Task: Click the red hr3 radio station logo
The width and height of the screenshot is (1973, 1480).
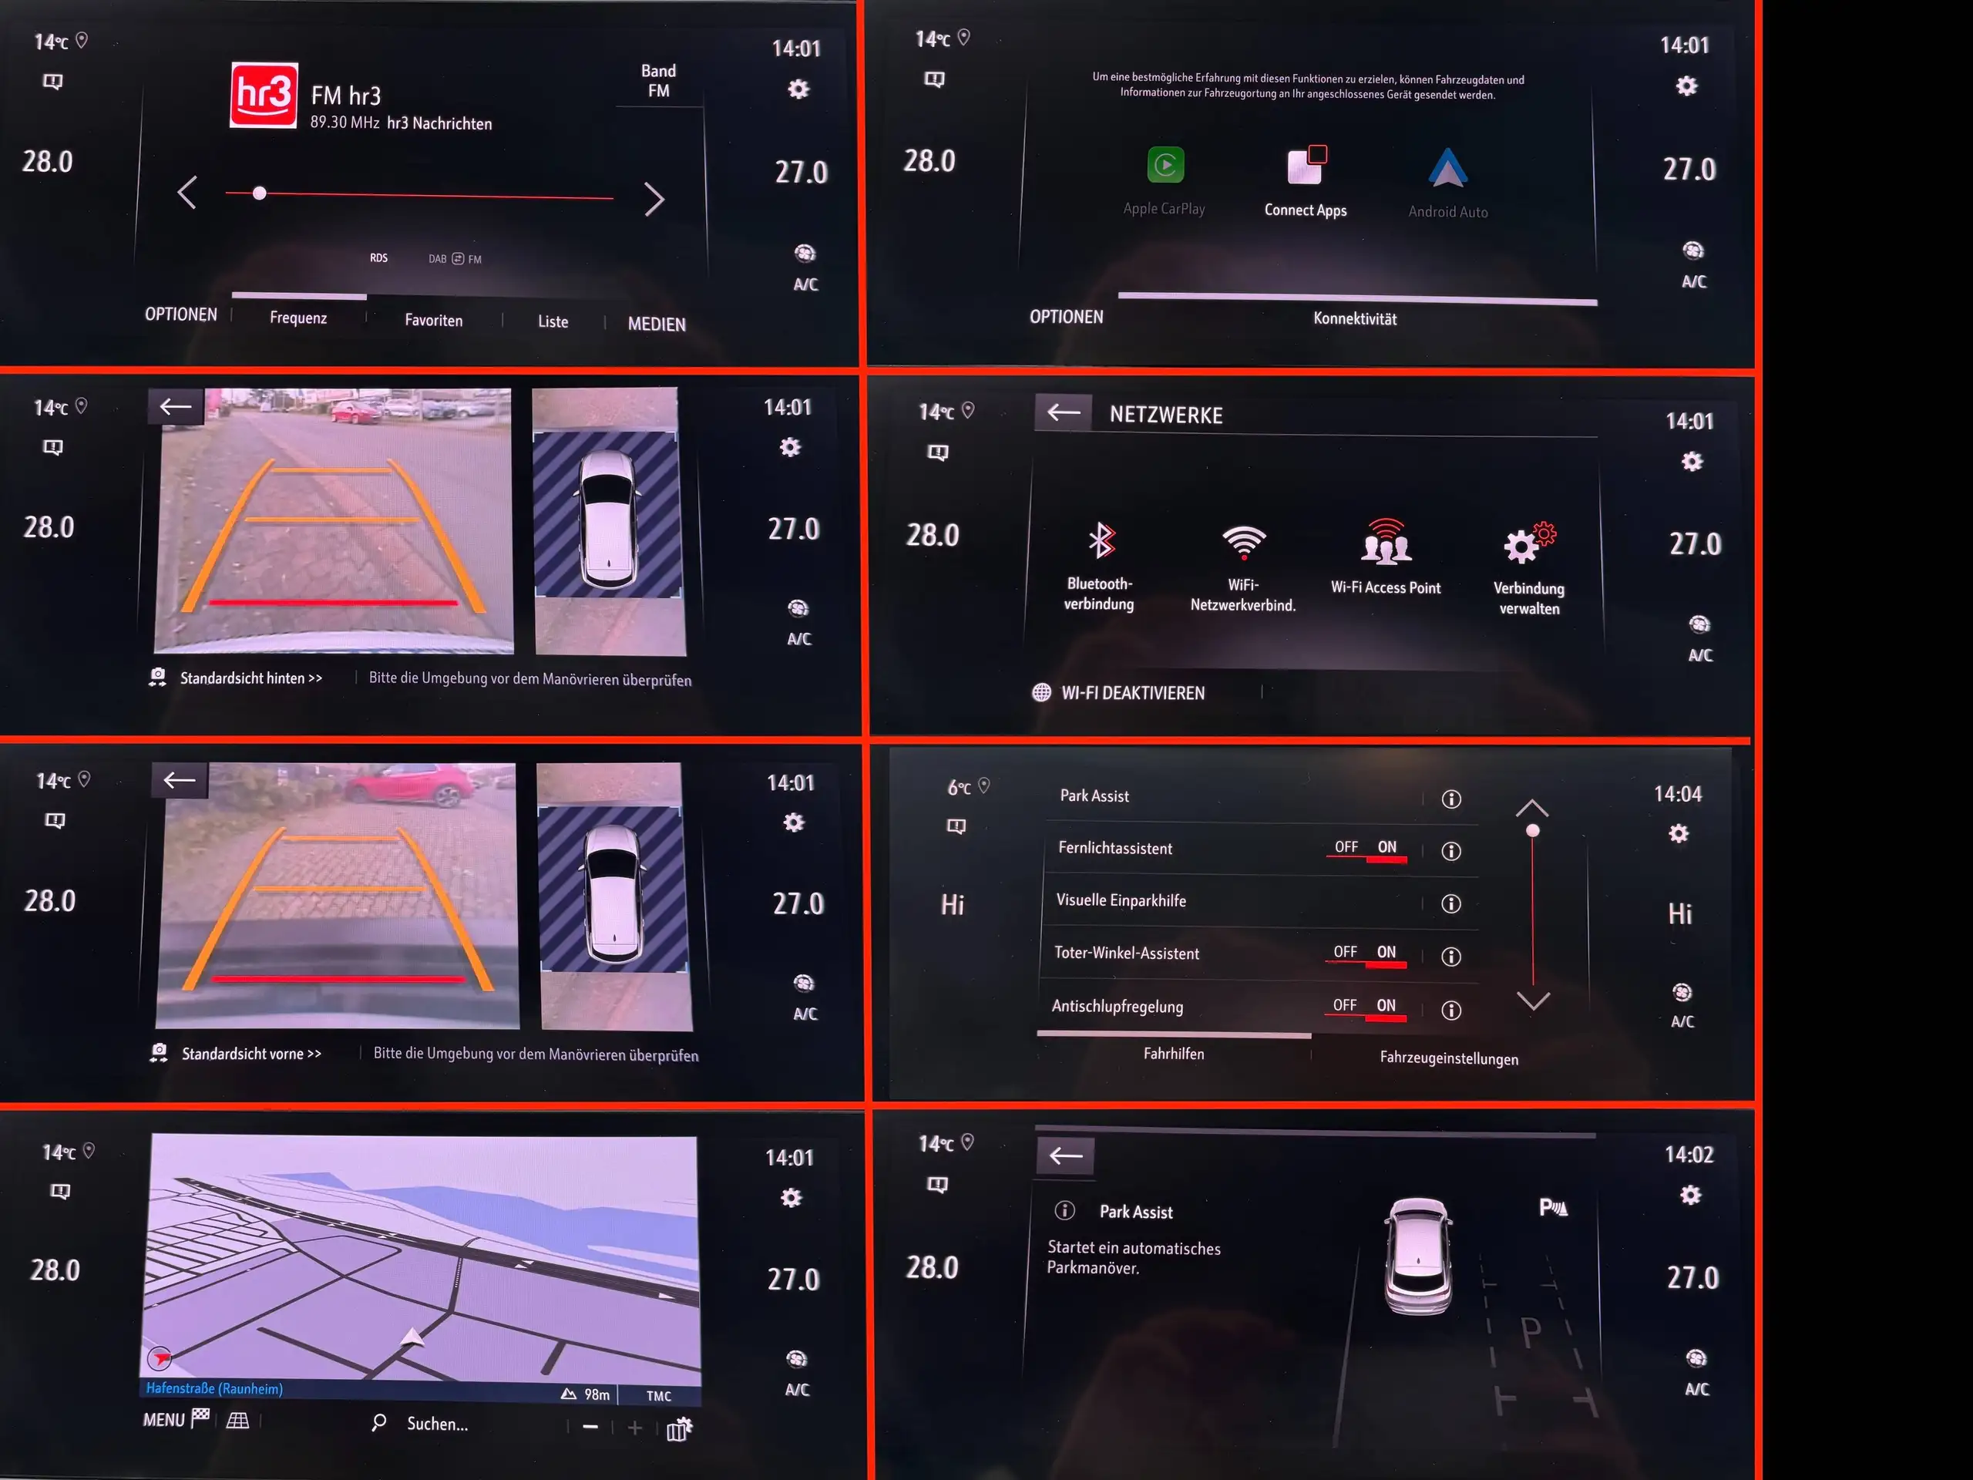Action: coord(264,96)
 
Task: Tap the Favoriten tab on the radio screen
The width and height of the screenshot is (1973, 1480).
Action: coord(433,320)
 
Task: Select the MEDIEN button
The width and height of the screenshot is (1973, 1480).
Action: coord(657,324)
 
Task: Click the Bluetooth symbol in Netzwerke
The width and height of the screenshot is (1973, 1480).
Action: coord(1101,540)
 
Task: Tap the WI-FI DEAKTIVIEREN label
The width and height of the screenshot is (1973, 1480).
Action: coord(1133,693)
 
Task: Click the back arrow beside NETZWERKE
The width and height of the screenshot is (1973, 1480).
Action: coord(1064,412)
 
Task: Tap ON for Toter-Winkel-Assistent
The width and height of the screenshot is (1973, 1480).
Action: coord(1386,953)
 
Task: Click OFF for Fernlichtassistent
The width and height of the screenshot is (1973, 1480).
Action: coord(1346,847)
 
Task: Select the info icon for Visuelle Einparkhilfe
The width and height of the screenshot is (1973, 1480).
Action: coord(1451,903)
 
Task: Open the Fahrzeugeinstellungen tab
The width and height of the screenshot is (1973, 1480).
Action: coord(1448,1058)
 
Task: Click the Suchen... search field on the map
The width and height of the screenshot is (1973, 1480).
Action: coord(437,1424)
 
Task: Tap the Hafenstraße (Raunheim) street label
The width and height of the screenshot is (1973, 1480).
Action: coord(214,1388)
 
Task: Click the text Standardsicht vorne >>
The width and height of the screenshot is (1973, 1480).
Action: coord(251,1054)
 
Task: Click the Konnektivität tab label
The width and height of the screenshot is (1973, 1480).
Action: coord(1355,318)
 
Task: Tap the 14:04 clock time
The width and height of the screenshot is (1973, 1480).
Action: coord(1678,794)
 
